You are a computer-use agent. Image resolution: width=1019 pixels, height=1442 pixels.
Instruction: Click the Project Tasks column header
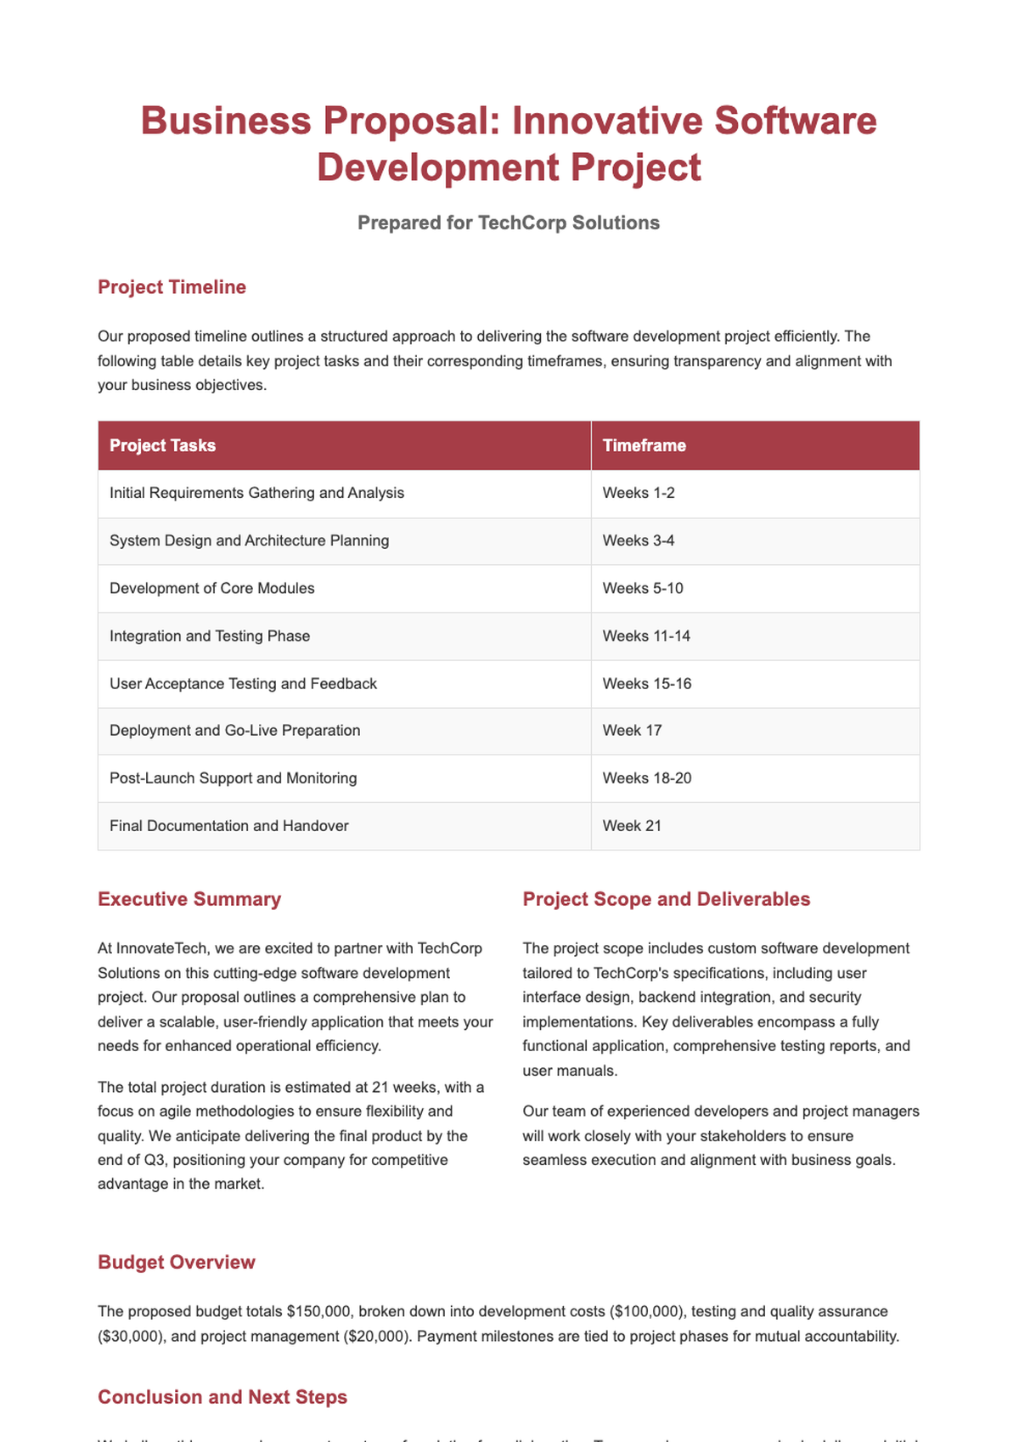tap(162, 445)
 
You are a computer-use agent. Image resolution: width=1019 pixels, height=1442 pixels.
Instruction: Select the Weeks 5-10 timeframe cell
tap(642, 588)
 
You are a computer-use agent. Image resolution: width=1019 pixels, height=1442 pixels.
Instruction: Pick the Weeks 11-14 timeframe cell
tap(646, 636)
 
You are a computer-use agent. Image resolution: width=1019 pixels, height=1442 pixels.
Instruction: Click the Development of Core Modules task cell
tap(211, 588)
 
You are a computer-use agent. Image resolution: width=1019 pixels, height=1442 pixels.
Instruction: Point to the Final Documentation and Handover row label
tap(228, 825)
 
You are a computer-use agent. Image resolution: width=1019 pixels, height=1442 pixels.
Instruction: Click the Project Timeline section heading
tap(172, 287)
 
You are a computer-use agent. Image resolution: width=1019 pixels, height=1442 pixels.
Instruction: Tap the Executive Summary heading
tap(189, 899)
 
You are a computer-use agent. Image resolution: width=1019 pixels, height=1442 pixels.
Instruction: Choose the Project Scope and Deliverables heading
tap(666, 899)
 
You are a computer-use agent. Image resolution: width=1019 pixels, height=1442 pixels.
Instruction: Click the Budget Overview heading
tap(176, 1262)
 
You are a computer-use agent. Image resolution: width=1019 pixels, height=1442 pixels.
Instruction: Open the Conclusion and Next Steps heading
tap(222, 1397)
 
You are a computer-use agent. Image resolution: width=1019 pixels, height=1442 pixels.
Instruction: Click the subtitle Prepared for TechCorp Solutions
tap(509, 223)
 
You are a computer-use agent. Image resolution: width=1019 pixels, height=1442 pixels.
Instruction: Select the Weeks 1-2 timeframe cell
tap(639, 493)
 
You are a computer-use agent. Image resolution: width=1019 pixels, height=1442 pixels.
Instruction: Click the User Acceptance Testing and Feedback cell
tap(243, 683)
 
